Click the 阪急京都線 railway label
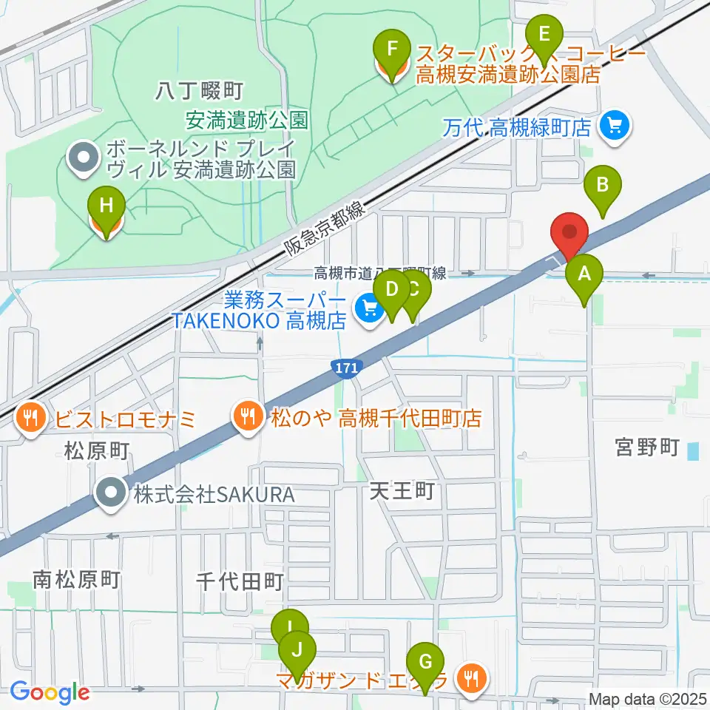(x=325, y=231)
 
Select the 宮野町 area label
(x=647, y=447)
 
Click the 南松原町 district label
(x=76, y=580)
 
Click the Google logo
(x=50, y=692)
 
